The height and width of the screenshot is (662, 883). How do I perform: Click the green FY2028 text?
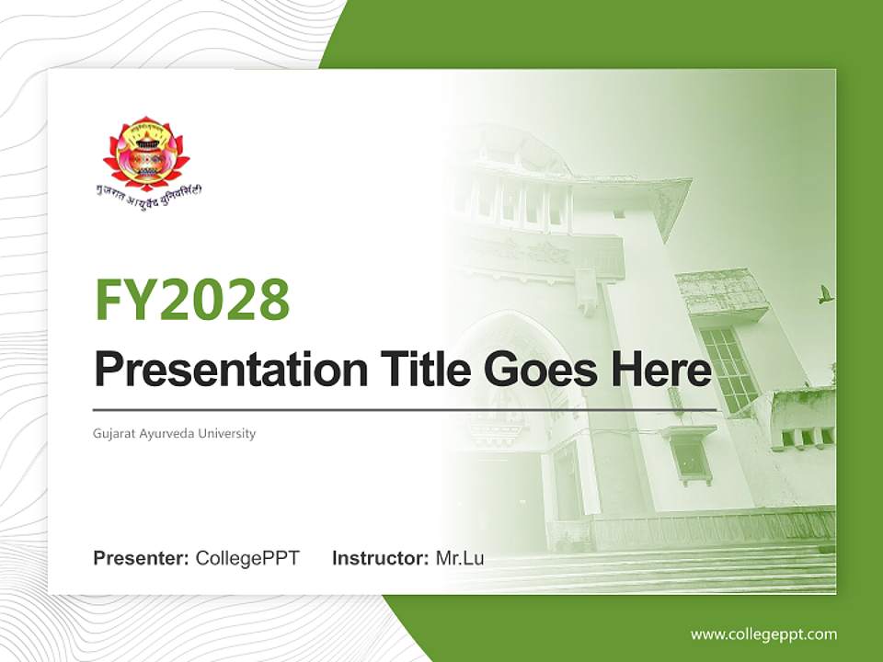pyautogui.click(x=192, y=300)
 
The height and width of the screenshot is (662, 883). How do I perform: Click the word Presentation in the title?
pyautogui.click(x=218, y=371)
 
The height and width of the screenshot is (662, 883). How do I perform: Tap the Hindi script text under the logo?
pyautogui.click(x=151, y=192)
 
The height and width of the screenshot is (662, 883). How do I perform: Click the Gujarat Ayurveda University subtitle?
pyautogui.click(x=175, y=433)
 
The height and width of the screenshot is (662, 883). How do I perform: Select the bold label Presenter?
pyautogui.click(x=142, y=558)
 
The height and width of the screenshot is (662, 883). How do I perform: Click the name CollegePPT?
pyautogui.click(x=247, y=558)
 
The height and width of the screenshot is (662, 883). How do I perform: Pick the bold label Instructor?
pyautogui.click(x=380, y=558)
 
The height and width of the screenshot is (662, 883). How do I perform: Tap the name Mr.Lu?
pyautogui.click(x=460, y=558)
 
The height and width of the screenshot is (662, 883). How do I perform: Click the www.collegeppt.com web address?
pyautogui.click(x=763, y=634)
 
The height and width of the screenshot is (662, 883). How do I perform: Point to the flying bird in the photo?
pyautogui.click(x=825, y=294)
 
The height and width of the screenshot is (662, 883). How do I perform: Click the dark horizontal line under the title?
pyautogui.click(x=405, y=409)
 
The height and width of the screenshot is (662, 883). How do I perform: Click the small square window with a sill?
pyautogui.click(x=689, y=457)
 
